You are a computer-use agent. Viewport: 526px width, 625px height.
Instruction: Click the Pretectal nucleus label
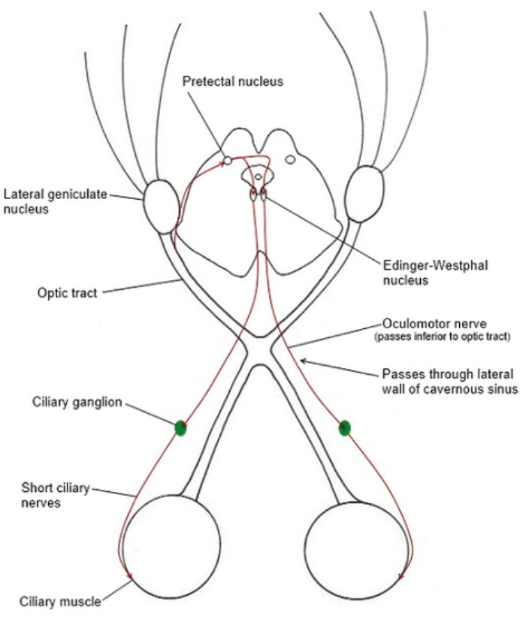pos(232,80)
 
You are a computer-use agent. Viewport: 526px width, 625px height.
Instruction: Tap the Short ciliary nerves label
pos(53,497)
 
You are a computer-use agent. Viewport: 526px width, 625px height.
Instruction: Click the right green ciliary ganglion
pos(344,428)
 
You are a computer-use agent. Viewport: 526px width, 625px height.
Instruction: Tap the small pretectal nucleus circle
pos(227,160)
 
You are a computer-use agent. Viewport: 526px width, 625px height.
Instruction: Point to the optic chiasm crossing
pos(259,352)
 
